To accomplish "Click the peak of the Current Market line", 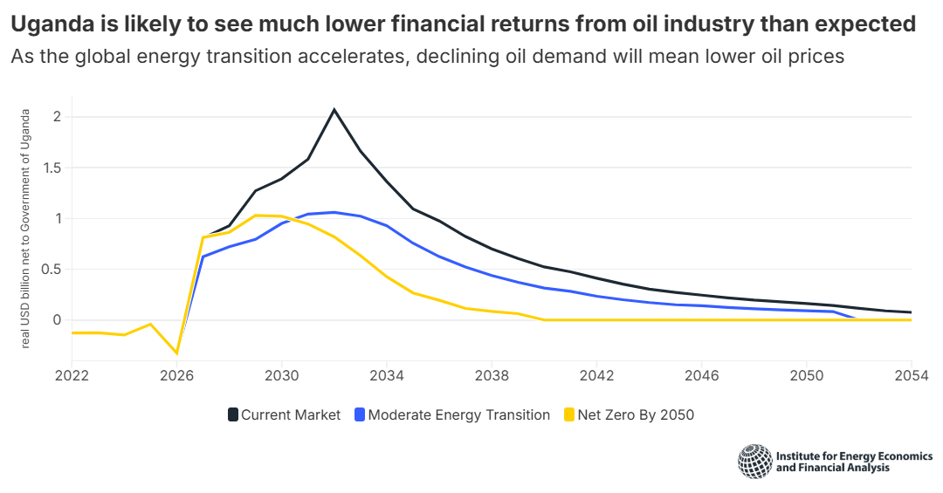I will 334,110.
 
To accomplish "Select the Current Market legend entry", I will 284,414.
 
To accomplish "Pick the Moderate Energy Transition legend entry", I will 451,414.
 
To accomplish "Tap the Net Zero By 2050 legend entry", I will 630,414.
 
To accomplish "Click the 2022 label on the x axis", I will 72,375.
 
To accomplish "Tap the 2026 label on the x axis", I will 176,375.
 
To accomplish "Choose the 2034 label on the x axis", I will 387,375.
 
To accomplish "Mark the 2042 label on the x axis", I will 596,375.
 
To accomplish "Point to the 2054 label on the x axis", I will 911,375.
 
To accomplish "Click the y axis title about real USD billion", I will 26,229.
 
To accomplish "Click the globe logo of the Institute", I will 754,462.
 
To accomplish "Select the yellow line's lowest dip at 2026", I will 177,353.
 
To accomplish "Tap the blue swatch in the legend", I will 360,415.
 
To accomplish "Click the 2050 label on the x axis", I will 806,375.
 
